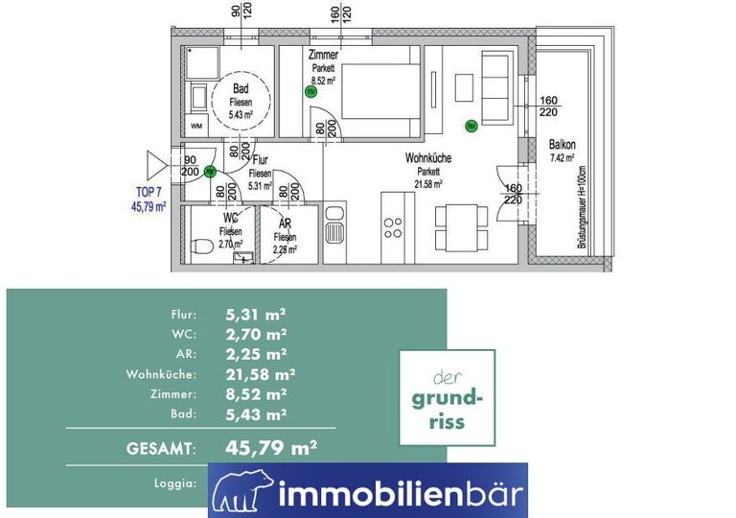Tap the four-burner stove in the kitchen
(x=394, y=227)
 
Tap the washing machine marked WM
(x=196, y=126)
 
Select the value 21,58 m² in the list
(x=260, y=374)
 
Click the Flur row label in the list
(x=184, y=314)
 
